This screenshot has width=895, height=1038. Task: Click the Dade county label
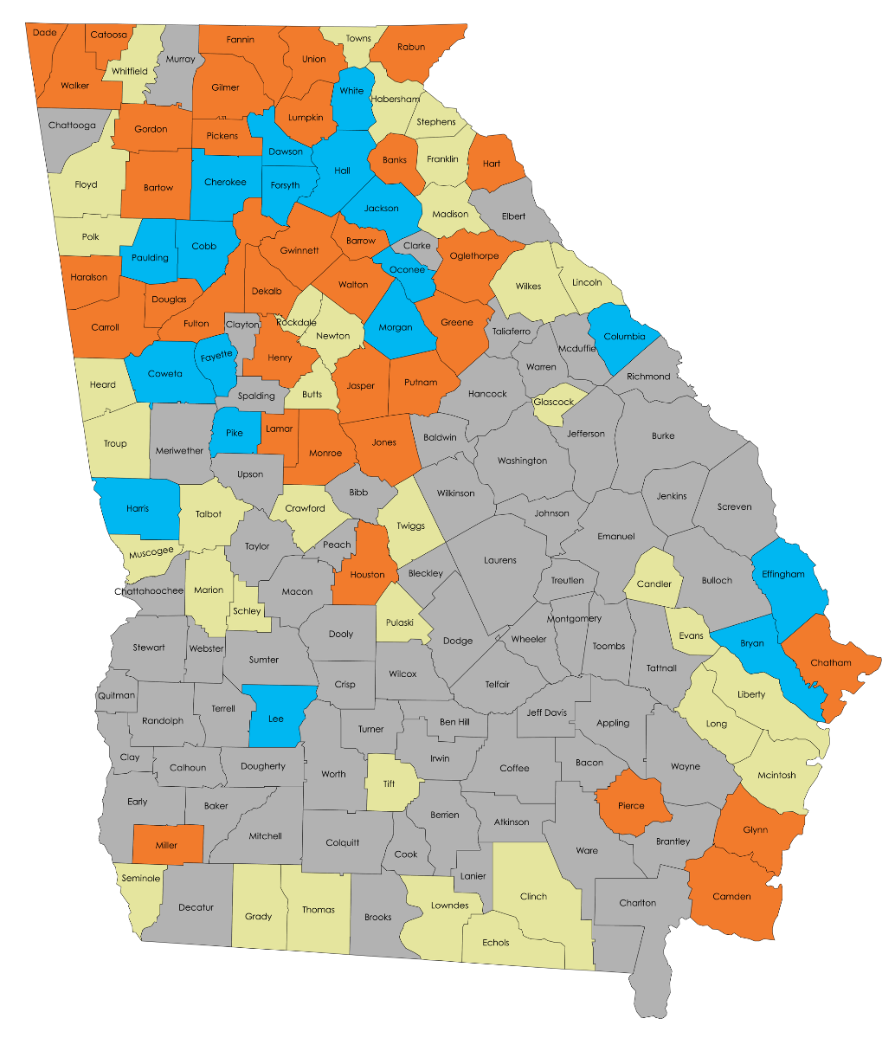point(44,32)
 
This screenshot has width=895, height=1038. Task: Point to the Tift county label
point(388,783)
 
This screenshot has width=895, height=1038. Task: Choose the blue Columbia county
point(623,336)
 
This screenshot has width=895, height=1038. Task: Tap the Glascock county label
point(554,402)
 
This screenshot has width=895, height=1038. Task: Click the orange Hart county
point(492,163)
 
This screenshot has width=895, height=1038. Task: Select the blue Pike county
point(234,432)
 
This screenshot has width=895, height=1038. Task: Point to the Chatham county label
point(831,663)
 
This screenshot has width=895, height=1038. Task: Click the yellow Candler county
point(654,583)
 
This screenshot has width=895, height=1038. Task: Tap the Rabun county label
point(411,47)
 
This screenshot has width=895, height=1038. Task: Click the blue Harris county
point(137,508)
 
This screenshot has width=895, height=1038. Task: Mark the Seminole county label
point(140,878)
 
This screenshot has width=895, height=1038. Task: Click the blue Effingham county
point(783,574)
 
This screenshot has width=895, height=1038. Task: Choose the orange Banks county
point(395,161)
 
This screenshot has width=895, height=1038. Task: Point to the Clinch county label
point(534,896)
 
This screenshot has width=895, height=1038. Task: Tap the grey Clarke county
point(417,245)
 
